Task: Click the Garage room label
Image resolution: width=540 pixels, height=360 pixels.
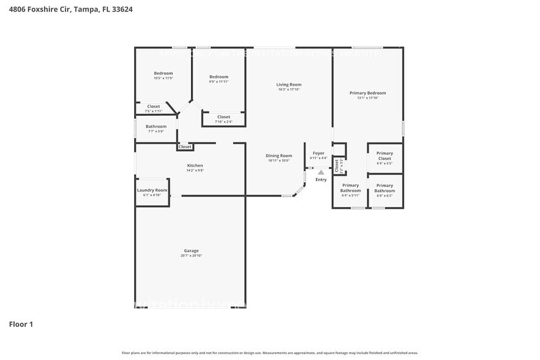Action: [191, 250]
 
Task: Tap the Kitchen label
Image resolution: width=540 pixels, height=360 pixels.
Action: [195, 165]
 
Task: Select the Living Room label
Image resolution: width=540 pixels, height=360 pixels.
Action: [288, 84]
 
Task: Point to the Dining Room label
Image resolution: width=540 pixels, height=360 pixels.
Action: [279, 156]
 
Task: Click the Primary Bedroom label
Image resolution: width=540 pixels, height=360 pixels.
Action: [367, 93]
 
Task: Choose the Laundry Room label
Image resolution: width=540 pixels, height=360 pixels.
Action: [152, 190]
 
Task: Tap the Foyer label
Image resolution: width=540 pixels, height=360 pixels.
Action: [318, 153]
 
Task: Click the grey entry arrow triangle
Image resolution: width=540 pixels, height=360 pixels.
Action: [321, 173]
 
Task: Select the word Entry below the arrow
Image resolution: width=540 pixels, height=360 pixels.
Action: [321, 179]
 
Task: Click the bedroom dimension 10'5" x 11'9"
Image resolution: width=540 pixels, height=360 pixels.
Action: [163, 78]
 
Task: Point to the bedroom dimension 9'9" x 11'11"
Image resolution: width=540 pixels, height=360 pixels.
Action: [219, 81]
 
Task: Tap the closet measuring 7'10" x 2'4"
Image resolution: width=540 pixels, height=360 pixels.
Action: [223, 122]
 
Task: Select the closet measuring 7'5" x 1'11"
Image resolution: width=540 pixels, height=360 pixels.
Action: [153, 111]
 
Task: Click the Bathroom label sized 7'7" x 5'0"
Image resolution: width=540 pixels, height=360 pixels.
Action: [156, 126]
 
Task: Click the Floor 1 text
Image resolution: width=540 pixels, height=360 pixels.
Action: [21, 324]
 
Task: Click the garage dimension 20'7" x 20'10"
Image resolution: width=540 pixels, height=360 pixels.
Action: [191, 255]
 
